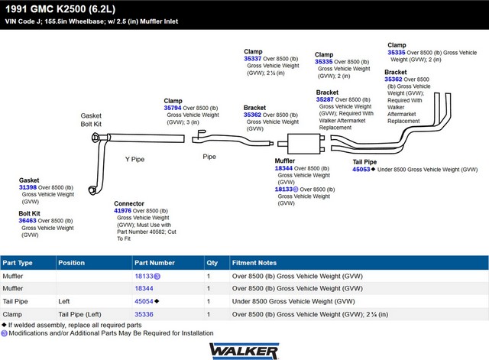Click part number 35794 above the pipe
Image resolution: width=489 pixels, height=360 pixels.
(173, 108)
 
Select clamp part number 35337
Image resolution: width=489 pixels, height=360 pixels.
(253, 59)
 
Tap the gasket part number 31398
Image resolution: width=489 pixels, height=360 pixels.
(28, 187)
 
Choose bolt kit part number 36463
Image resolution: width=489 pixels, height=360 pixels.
(28, 221)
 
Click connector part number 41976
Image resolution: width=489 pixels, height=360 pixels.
(122, 210)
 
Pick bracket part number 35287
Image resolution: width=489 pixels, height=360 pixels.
(325, 99)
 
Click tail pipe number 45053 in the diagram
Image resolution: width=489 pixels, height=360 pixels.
(361, 170)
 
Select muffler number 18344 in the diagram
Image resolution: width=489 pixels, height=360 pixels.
(283, 168)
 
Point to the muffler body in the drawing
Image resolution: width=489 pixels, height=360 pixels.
(304, 144)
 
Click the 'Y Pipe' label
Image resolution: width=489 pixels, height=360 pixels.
(134, 160)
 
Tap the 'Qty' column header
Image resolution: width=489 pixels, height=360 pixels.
(212, 263)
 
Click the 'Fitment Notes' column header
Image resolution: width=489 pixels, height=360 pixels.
(254, 263)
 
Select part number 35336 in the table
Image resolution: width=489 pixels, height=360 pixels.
(144, 314)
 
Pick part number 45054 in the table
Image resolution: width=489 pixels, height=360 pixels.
(144, 301)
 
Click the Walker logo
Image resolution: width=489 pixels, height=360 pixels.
(244, 351)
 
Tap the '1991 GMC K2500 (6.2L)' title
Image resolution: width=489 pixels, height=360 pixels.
(60, 9)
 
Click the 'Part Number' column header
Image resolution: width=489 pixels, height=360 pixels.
(154, 263)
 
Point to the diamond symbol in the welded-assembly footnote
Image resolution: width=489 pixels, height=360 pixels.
(4, 325)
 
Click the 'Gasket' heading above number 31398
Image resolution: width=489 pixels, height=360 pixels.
(29, 180)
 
